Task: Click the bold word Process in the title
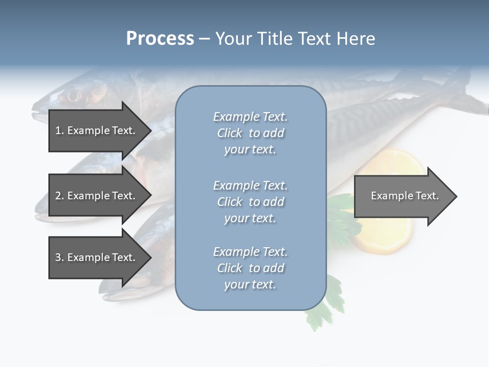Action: click(x=160, y=39)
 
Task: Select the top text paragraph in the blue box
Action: click(x=250, y=133)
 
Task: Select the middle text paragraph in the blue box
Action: click(x=250, y=202)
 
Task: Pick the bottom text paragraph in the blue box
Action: click(x=250, y=268)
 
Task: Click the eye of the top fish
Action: click(x=73, y=95)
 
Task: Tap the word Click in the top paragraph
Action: click(x=230, y=133)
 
